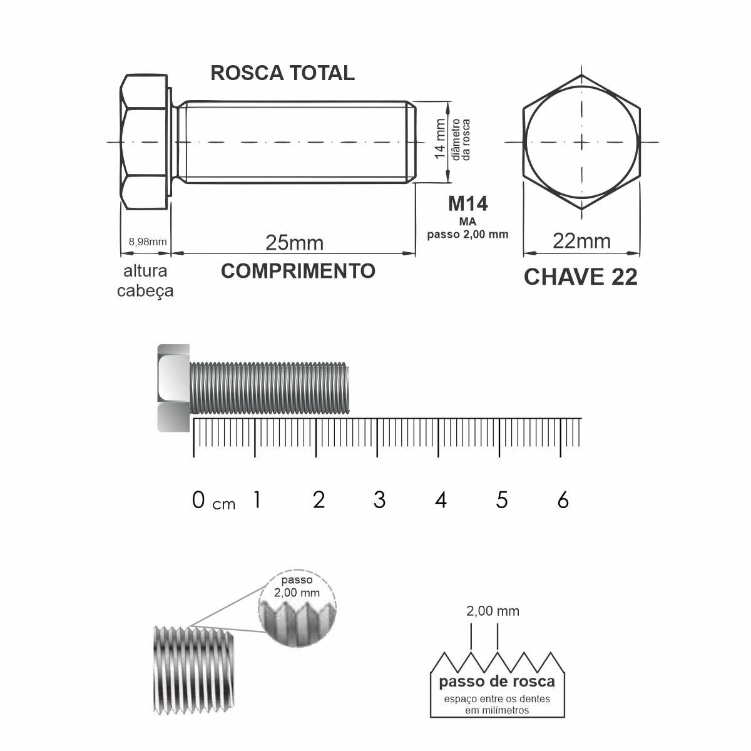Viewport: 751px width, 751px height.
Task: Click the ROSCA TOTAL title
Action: tap(282, 73)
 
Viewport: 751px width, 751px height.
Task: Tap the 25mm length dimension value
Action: tap(295, 243)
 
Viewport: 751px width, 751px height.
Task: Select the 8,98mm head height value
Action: tap(148, 242)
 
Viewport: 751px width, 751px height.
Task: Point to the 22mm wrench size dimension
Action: tap(581, 241)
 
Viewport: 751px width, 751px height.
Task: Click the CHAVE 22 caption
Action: tap(581, 277)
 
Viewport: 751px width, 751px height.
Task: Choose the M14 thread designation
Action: tap(467, 204)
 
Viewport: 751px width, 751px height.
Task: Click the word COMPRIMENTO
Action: tap(298, 271)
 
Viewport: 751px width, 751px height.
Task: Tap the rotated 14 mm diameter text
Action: tap(440, 139)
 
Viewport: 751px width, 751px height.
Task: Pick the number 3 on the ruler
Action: tap(379, 500)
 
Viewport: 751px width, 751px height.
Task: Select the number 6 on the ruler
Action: tap(563, 500)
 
